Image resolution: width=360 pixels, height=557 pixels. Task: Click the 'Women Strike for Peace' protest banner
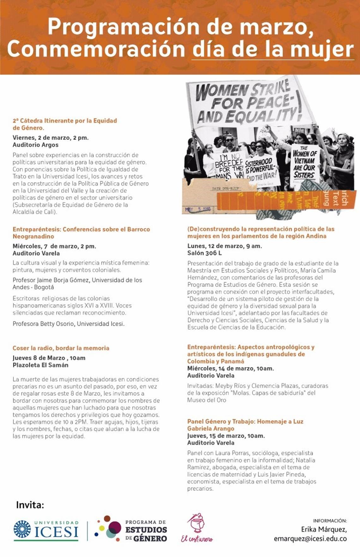(x=245, y=103)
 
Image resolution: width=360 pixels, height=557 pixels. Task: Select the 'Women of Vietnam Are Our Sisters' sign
(x=304, y=163)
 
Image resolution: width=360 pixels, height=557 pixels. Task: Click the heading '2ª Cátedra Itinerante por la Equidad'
(x=65, y=121)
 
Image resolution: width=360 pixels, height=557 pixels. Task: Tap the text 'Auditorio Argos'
(x=35, y=145)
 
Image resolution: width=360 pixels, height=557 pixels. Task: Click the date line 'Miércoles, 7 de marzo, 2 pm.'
(x=54, y=246)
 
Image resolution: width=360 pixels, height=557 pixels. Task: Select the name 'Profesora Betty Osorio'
(x=44, y=324)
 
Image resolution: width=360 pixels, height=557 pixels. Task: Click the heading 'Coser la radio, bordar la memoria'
(x=61, y=348)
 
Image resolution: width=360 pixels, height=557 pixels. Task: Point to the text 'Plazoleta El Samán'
(x=40, y=365)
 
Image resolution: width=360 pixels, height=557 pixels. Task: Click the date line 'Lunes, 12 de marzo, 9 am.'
(x=225, y=246)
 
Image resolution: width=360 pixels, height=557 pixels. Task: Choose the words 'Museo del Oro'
(x=207, y=400)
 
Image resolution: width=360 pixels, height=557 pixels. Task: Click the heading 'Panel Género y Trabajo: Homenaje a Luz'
(x=245, y=421)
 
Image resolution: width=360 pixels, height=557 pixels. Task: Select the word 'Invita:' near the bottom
(x=30, y=505)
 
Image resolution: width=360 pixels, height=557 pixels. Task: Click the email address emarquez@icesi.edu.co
(x=310, y=538)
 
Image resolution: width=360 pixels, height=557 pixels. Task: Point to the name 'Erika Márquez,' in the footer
(x=324, y=529)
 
